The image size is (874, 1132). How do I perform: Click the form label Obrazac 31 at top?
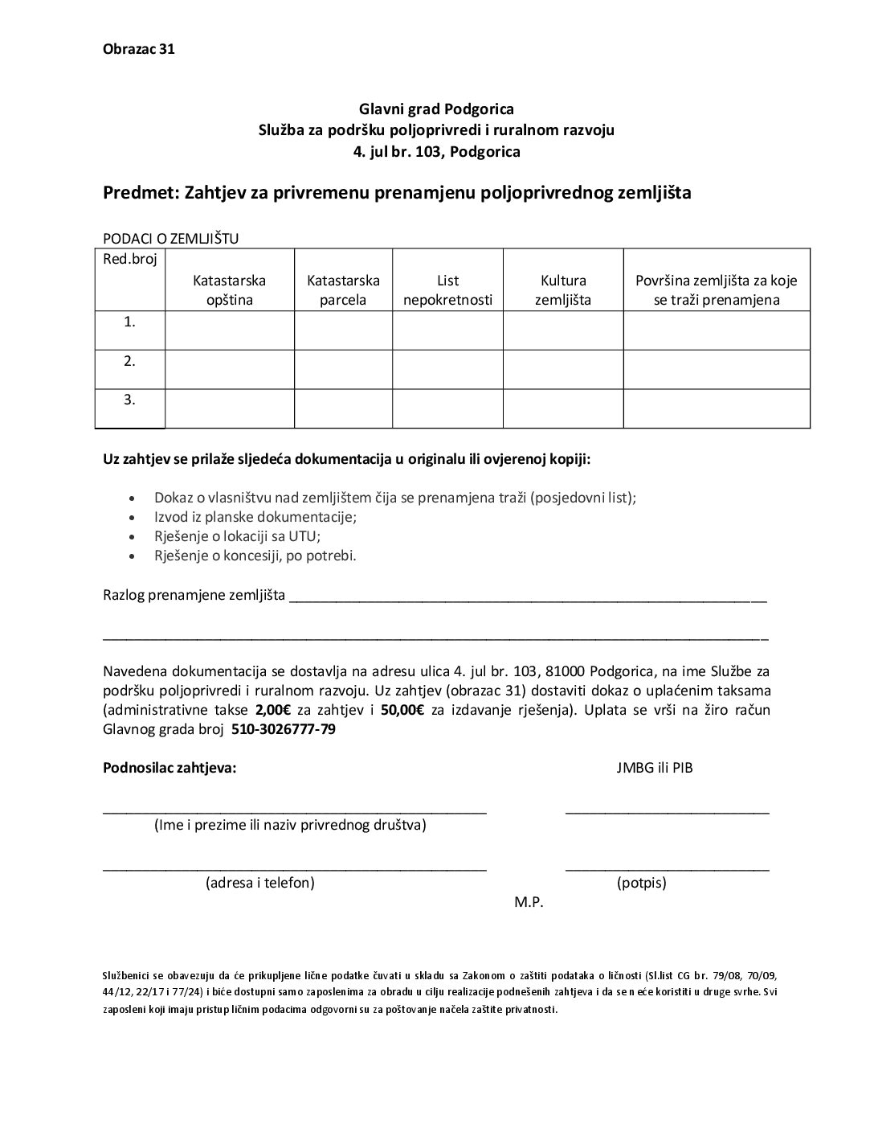[x=139, y=49]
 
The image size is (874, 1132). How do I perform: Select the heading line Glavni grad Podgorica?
[x=436, y=109]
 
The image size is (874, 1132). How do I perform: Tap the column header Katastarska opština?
[x=229, y=290]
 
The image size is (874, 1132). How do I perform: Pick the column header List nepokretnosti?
[x=447, y=290]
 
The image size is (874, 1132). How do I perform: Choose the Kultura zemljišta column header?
[x=563, y=290]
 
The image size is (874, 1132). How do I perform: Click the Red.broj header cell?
[x=130, y=259]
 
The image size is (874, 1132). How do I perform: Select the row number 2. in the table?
[x=129, y=362]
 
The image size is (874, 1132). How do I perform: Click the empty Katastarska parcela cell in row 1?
[x=343, y=330]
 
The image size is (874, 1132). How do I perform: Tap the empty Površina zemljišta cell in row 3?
[x=716, y=408]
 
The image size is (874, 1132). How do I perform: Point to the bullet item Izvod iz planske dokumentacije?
[x=255, y=517]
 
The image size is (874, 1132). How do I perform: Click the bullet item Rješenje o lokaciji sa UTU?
[x=242, y=536]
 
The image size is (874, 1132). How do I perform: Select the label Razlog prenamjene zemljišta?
[x=194, y=596]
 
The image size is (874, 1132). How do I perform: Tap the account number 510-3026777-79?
[x=284, y=730]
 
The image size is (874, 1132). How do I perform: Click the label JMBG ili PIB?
[x=654, y=768]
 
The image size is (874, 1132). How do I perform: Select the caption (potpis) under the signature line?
[x=641, y=883]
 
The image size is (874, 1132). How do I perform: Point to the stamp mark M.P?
[x=529, y=902]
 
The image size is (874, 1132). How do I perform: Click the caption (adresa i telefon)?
[x=260, y=883]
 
